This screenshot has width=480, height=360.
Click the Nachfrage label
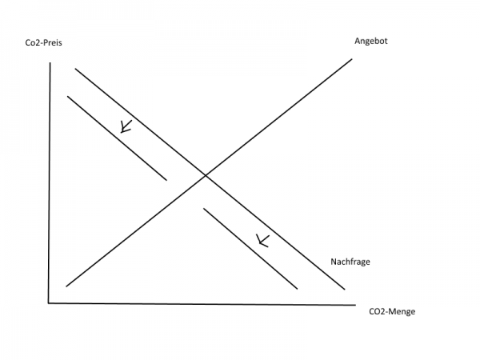[350, 262]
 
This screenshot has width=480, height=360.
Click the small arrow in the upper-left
[124, 126]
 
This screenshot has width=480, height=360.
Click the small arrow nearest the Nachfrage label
[261, 239]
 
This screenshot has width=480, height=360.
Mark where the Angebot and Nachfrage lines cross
[206, 174]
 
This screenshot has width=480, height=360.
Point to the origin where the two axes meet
[49, 302]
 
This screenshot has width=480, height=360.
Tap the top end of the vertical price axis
[50, 62]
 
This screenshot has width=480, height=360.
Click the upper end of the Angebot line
[352, 59]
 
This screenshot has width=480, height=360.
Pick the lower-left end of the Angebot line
[66, 286]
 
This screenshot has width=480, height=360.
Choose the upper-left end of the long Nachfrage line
[75, 69]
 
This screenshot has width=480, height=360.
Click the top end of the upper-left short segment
[68, 97]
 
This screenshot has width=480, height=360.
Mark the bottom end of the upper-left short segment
[166, 180]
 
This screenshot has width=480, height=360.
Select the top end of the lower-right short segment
[204, 209]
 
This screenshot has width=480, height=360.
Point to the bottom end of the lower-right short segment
[298, 288]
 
